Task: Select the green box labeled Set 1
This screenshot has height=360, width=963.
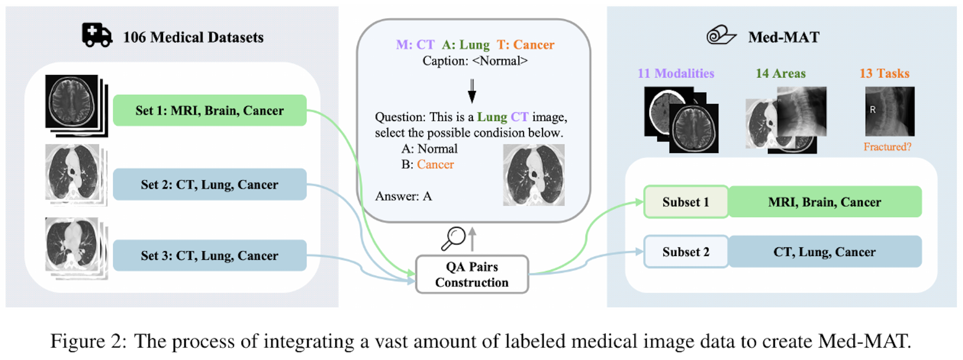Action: coord(209,110)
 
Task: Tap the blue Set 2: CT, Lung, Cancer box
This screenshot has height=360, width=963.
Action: coord(209,184)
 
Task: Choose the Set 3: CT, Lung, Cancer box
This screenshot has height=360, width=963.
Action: coord(209,255)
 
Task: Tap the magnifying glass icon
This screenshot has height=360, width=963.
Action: coord(453,238)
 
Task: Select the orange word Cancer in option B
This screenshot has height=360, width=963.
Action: coord(435,164)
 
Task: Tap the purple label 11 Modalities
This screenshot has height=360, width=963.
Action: coord(676,73)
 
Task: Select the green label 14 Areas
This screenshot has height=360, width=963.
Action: coord(781,73)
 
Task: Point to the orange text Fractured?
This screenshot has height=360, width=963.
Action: coord(887,147)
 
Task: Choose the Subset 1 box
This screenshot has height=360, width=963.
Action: coord(686,202)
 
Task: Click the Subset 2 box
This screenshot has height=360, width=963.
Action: coord(686,252)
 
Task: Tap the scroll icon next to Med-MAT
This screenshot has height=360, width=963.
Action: coord(721,36)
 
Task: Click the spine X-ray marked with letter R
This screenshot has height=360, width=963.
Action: coord(890,111)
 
